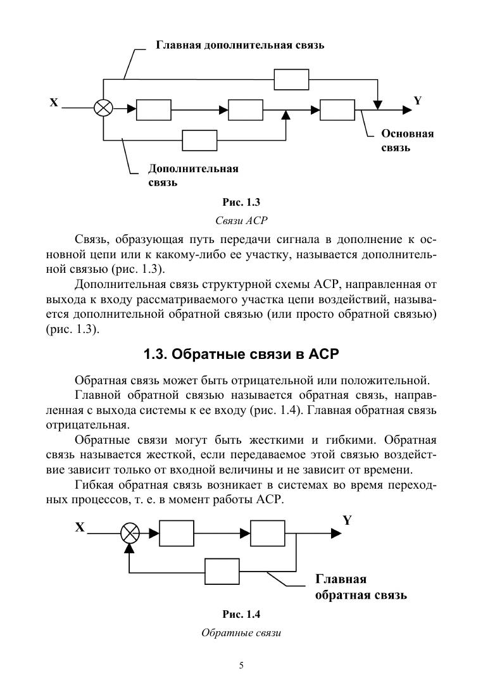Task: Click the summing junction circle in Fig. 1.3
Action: point(103,108)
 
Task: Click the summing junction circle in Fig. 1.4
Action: point(130,534)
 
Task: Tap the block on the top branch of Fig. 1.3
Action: point(291,80)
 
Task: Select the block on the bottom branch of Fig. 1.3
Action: point(199,140)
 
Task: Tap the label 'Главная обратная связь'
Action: point(360,587)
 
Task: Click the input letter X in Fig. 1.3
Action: point(54,102)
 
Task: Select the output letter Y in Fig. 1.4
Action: point(347,520)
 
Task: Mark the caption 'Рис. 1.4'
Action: point(241,614)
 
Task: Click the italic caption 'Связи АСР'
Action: point(241,220)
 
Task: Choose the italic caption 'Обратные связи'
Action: point(241,632)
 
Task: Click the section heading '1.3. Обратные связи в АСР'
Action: point(241,354)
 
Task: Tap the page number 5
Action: point(241,665)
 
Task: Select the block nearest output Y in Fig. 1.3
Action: point(337,110)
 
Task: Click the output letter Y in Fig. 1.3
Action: point(417,101)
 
